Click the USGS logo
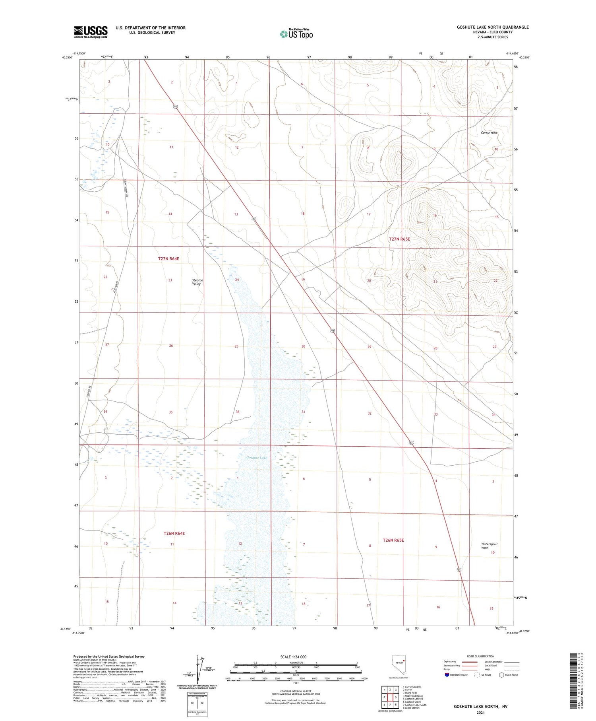tap(91, 32)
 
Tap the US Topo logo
tap(296, 34)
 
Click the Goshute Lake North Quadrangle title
tap(492, 27)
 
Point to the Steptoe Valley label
tap(197, 282)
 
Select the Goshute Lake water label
tap(257, 458)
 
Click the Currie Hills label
tap(489, 133)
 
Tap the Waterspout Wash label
tap(489, 546)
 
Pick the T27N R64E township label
tap(168, 258)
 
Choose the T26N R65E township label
tap(393, 540)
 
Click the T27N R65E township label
tap(399, 239)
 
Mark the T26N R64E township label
tap(174, 533)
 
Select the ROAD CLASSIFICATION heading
tap(481, 656)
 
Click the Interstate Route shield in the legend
tap(447, 675)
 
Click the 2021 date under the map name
tap(481, 712)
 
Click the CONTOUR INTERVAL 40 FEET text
tap(296, 691)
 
